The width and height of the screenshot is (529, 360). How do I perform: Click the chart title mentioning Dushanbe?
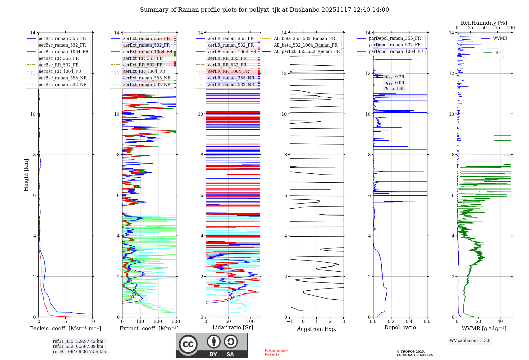264,10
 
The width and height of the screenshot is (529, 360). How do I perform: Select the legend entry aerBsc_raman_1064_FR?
63,52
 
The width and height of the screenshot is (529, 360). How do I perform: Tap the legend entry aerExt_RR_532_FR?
143,65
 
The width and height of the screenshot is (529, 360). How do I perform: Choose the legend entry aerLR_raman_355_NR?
231,78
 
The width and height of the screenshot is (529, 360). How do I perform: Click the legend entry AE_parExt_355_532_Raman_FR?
307,52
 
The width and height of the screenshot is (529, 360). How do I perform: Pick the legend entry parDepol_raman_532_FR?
395,45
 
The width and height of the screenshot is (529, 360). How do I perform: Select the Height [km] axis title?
26,175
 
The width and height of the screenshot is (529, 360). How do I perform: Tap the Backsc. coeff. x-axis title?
65,328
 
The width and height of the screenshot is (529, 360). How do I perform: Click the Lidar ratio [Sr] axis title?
233,327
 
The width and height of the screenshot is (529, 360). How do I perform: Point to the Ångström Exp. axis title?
317,329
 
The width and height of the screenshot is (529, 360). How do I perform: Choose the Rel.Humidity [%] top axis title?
484,23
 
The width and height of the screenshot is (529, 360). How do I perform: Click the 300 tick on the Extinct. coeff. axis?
176,322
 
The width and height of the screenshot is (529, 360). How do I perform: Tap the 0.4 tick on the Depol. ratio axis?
409,322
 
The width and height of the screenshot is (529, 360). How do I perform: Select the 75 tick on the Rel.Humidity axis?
497,28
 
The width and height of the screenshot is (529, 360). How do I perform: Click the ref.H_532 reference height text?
78,346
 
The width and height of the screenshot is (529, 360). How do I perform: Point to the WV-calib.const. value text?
470,341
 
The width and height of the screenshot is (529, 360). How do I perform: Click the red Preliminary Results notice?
276,352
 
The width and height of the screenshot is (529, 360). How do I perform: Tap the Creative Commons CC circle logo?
188,344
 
